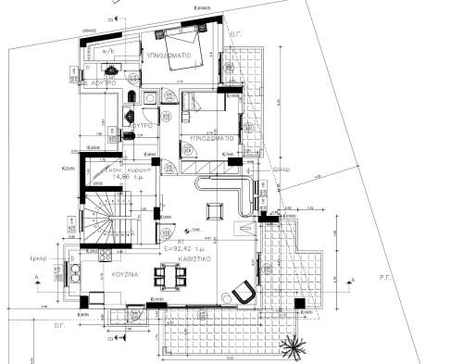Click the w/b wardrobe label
110,51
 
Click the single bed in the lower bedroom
200,102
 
